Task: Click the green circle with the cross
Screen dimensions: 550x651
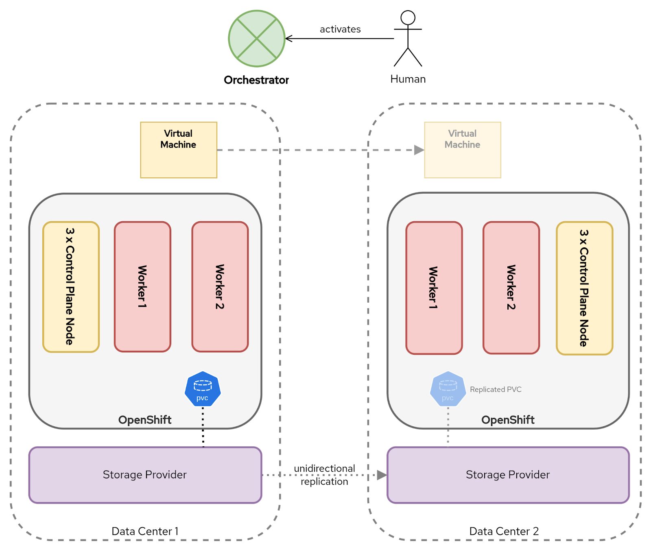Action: [x=257, y=39]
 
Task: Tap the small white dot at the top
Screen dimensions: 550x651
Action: [x=408, y=18]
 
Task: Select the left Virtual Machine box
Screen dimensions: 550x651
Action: [x=179, y=150]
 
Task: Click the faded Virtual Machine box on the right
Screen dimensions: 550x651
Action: [x=463, y=150]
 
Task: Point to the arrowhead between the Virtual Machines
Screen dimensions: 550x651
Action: [x=419, y=150]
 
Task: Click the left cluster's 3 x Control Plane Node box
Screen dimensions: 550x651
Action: [x=71, y=287]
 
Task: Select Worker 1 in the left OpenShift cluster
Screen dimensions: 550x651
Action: [x=142, y=287]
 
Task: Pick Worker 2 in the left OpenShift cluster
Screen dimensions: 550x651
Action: [x=220, y=287]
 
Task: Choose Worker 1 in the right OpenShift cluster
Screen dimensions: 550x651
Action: [x=434, y=288]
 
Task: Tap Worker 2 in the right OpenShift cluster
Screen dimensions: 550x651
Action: [x=511, y=288]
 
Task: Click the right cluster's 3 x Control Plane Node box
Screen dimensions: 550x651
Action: [x=584, y=288]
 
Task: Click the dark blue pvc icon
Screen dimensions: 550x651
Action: [x=203, y=389]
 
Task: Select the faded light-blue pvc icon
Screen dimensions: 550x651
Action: [x=448, y=389]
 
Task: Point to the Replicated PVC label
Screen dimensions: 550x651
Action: [x=496, y=389]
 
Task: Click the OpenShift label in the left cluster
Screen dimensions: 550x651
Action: [x=145, y=420]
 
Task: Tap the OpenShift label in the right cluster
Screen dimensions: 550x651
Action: [x=508, y=420]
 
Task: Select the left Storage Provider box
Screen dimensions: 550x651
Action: [x=145, y=475]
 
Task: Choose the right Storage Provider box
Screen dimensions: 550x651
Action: [x=508, y=475]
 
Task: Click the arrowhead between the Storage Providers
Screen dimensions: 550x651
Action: [x=382, y=475]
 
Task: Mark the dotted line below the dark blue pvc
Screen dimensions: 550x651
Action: [x=203, y=427]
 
